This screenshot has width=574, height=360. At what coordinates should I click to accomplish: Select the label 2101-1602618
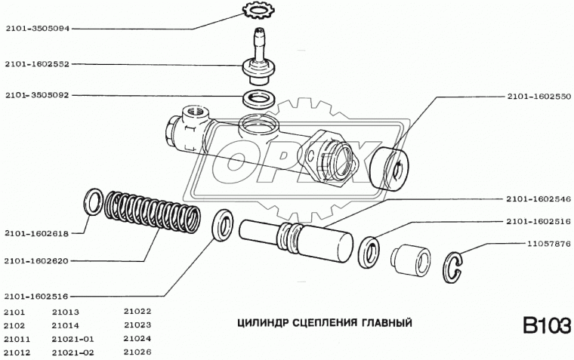[x=35, y=233]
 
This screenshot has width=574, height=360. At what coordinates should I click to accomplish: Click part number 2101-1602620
[x=35, y=261]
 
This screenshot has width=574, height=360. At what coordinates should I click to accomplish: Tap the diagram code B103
[x=545, y=326]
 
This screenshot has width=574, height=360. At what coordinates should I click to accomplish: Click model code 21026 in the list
[x=137, y=352]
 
